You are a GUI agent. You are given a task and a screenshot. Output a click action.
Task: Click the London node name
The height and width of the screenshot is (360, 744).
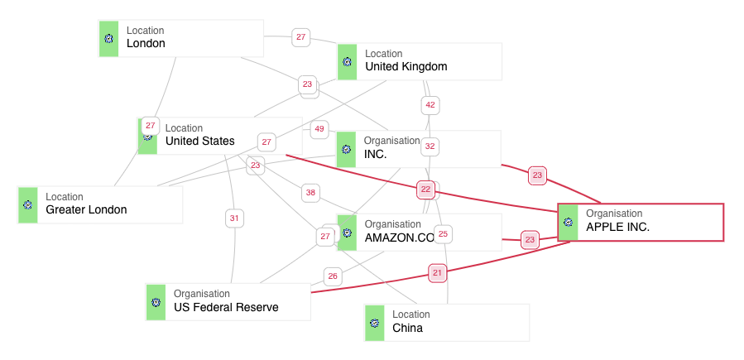[146, 44]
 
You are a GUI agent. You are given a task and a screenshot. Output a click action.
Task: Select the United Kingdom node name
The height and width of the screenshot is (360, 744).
[406, 67]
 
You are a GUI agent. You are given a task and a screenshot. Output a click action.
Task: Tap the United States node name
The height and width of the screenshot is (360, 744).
[199, 142]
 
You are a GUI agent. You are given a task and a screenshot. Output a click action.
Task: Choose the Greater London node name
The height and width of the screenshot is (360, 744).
[86, 210]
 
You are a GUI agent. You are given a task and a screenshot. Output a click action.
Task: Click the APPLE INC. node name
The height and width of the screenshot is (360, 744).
[617, 227]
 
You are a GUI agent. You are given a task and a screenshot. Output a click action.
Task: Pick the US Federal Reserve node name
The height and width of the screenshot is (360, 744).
[226, 308]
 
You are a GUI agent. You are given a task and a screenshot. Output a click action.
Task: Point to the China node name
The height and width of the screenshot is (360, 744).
[407, 329]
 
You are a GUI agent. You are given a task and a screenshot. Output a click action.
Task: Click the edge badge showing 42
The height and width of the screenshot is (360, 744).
[430, 105]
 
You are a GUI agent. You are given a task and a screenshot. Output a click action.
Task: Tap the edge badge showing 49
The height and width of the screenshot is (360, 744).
[319, 130]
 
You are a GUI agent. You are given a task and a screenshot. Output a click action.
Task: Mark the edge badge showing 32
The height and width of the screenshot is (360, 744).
[430, 146]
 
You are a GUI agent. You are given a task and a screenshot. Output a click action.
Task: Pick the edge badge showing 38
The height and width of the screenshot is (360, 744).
[310, 193]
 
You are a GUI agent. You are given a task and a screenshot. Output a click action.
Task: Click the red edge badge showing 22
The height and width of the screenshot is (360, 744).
[426, 190]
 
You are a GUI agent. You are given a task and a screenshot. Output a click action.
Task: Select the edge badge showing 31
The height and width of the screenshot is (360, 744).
[234, 218]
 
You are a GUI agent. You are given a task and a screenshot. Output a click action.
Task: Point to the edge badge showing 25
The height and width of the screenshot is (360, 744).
[443, 234]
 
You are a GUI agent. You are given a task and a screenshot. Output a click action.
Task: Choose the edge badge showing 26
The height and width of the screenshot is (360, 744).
[333, 276]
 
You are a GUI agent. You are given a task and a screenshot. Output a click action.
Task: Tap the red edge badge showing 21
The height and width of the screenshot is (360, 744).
[438, 272]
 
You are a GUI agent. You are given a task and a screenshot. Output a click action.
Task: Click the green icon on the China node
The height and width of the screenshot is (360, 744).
[375, 323]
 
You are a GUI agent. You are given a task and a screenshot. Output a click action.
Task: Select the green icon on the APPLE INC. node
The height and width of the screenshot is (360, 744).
[569, 222]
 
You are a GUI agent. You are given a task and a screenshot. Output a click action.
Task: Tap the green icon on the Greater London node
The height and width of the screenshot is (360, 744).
[28, 205]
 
